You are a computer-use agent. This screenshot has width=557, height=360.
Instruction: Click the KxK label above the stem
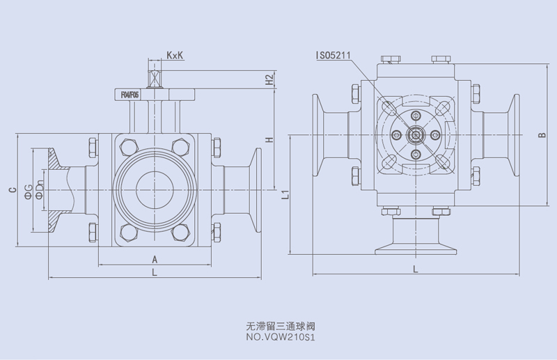click(175, 55)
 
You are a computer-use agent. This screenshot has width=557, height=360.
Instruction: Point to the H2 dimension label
click(269, 79)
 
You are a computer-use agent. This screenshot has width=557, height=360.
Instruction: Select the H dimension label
click(269, 141)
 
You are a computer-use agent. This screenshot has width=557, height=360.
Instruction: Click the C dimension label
click(13, 188)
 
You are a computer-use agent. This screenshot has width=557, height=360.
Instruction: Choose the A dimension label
click(155, 259)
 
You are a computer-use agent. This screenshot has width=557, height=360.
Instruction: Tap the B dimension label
click(542, 135)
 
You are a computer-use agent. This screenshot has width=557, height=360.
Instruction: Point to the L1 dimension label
click(285, 194)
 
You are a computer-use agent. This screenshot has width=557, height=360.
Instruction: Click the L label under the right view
click(415, 268)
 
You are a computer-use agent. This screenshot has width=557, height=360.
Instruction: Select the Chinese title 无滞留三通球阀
click(276, 324)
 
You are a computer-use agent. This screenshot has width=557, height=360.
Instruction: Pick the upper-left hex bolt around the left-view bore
click(128, 147)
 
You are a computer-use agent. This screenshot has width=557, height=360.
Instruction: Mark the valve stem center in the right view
click(415, 135)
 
